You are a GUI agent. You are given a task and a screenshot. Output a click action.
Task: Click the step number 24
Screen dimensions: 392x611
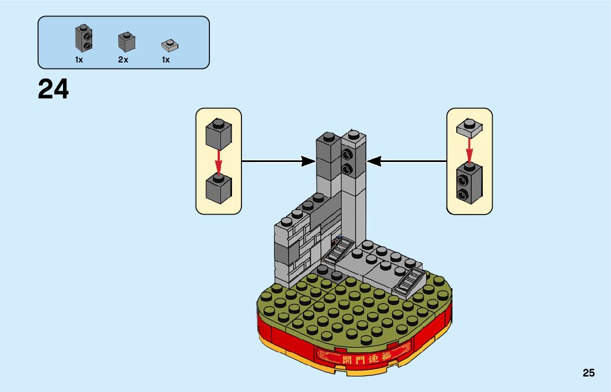coord(54,90)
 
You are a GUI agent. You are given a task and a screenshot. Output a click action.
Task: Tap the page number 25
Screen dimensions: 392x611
coord(588,373)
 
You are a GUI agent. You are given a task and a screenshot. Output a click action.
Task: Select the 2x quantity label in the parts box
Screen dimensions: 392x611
coord(123,60)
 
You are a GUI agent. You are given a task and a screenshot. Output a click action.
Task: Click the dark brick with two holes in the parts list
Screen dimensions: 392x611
coord(83,39)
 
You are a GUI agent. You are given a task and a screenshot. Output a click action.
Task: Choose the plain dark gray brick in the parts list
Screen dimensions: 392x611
coord(127,42)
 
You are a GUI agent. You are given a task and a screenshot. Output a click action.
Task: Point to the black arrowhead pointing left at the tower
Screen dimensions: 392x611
coord(375,161)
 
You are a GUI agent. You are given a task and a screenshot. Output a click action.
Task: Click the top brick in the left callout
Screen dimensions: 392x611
coord(218,135)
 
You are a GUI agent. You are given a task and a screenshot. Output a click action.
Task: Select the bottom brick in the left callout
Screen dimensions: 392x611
coord(218,187)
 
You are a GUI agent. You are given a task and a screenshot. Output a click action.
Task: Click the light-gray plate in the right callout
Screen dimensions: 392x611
coord(469,128)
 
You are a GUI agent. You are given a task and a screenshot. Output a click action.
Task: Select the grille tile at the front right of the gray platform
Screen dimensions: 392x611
coord(409,283)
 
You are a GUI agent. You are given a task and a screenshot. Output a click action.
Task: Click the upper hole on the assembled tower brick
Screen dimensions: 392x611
coord(347,153)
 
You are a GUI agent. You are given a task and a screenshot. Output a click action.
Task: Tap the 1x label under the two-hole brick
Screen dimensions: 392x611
coord(79,60)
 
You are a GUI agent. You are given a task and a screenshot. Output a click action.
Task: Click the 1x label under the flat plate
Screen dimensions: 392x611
coord(166,60)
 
